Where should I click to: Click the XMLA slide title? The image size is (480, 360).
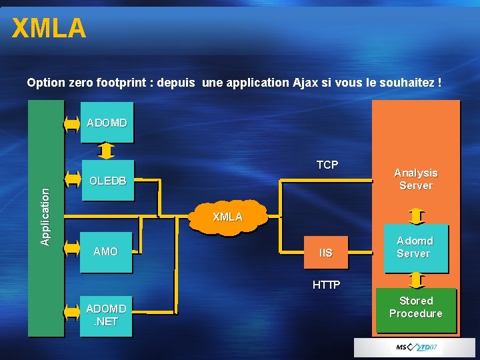point(49,29)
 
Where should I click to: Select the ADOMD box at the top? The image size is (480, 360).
point(107,123)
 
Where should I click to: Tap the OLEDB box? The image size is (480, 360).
point(107,180)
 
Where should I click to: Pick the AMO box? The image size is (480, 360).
point(106,251)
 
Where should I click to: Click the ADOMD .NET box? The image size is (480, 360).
point(106,315)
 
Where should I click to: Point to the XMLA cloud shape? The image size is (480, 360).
point(227,217)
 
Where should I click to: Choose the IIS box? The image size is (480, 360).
point(325,253)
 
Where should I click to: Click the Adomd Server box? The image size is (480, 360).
point(415,247)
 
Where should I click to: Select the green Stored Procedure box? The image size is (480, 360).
point(415,308)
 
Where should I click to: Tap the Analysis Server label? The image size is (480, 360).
point(415,179)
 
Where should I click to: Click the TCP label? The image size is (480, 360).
point(327,165)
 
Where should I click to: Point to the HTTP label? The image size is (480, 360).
point(327,285)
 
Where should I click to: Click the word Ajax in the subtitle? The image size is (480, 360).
point(305,83)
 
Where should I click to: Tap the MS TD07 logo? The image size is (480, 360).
point(416,347)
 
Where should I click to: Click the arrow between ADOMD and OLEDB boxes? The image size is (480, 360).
point(106,151)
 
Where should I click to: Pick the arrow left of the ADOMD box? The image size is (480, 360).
point(73,123)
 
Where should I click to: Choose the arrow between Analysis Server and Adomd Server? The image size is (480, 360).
point(416,216)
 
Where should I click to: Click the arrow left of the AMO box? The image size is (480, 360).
point(73,251)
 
